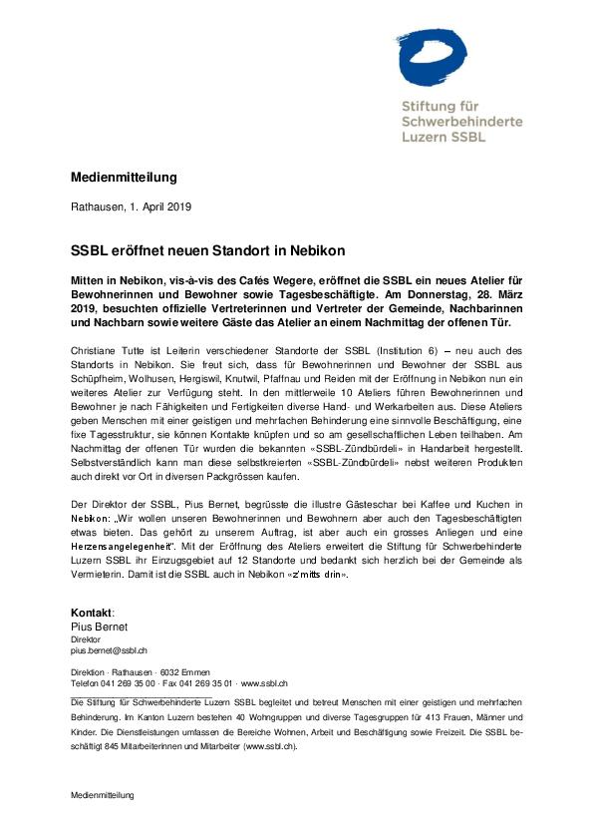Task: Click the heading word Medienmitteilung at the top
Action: click(124, 178)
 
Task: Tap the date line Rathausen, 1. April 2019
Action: click(131, 208)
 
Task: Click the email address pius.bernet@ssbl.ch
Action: click(109, 649)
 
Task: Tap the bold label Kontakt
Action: click(92, 612)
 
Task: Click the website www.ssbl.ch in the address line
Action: click(264, 683)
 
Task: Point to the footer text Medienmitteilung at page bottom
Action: click(102, 795)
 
